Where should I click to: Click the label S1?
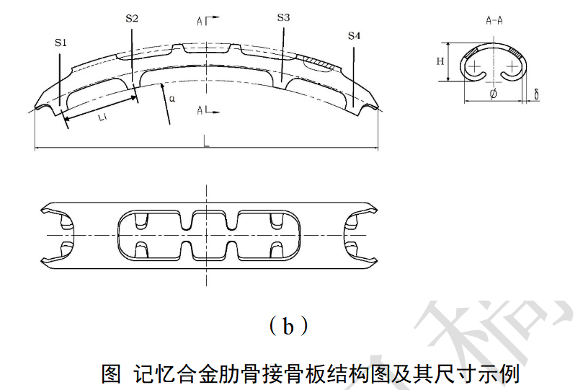(61, 43)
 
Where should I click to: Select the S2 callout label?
(131, 18)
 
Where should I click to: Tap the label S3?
(283, 17)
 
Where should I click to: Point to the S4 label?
(354, 35)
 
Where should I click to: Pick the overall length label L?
(206, 143)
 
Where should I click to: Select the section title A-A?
(494, 21)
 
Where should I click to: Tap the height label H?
(440, 61)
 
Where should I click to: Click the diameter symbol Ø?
(493, 94)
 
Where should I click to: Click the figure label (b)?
(288, 327)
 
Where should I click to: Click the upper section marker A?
(200, 22)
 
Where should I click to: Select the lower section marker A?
(200, 110)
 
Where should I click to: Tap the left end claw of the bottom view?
(58, 235)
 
